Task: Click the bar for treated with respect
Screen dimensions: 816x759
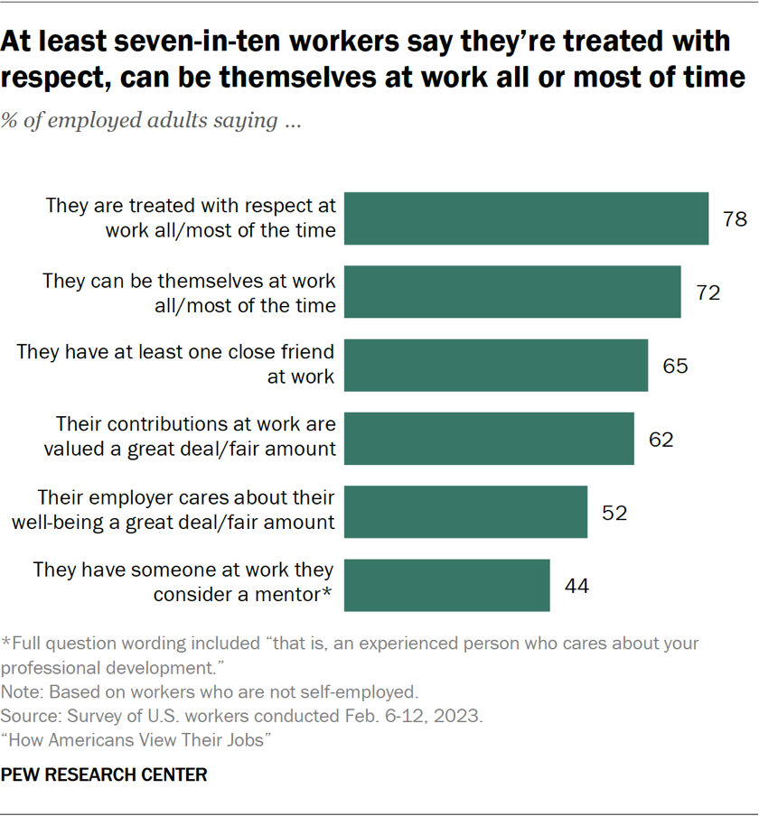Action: pyautogui.click(x=527, y=218)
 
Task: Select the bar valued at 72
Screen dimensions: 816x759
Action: pyautogui.click(x=513, y=292)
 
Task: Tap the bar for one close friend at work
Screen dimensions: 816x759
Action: pyautogui.click(x=497, y=365)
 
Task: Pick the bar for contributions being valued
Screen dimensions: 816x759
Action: pyautogui.click(x=490, y=439)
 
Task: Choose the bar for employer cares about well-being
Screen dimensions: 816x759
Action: pyautogui.click(x=466, y=512)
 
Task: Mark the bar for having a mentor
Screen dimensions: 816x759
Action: pyautogui.click(x=448, y=585)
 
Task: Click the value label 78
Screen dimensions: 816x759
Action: pyautogui.click(x=735, y=218)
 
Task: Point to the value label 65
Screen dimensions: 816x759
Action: pyautogui.click(x=674, y=366)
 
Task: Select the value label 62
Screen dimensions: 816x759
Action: pyautogui.click(x=661, y=440)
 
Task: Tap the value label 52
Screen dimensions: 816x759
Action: pyautogui.click(x=614, y=513)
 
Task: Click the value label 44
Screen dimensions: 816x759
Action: pyautogui.click(x=576, y=586)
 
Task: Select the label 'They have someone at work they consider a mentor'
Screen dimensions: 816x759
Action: pyautogui.click(x=184, y=582)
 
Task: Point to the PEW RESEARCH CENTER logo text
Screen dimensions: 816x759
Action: pyautogui.click(x=105, y=774)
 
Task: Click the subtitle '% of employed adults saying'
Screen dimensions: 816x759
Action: pyautogui.click(x=152, y=121)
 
